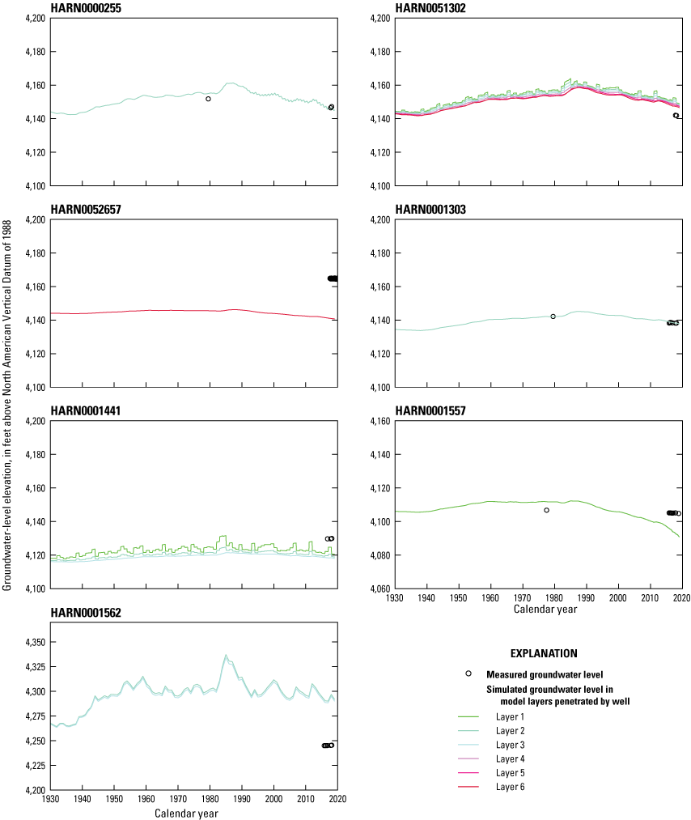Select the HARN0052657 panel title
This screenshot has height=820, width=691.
83,209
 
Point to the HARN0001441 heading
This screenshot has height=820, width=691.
83,410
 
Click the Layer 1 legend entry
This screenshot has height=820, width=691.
510,717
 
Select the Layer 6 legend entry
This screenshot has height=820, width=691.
510,786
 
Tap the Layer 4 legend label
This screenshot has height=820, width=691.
510,758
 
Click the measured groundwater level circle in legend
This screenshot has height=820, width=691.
468,673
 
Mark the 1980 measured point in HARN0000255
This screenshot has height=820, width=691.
208,99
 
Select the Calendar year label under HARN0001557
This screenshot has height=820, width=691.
545,610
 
